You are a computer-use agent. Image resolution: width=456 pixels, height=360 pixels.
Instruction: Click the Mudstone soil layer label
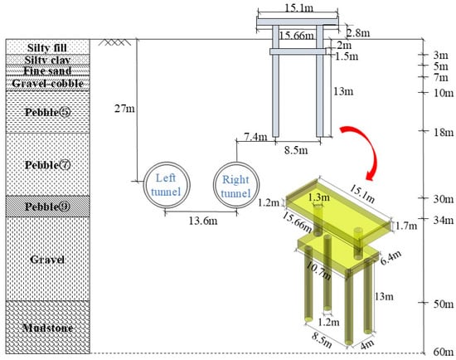[48, 328]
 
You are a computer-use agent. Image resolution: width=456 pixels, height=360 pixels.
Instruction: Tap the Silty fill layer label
[47, 48]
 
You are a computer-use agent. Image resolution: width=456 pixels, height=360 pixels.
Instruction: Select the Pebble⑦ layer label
[48, 165]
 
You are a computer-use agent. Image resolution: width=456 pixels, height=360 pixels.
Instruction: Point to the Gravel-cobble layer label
[48, 84]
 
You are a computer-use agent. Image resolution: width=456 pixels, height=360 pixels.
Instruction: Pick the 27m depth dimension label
[124, 109]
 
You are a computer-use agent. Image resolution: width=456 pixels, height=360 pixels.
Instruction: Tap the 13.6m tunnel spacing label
[202, 221]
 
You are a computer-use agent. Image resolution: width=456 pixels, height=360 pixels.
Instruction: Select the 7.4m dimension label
[255, 136]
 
